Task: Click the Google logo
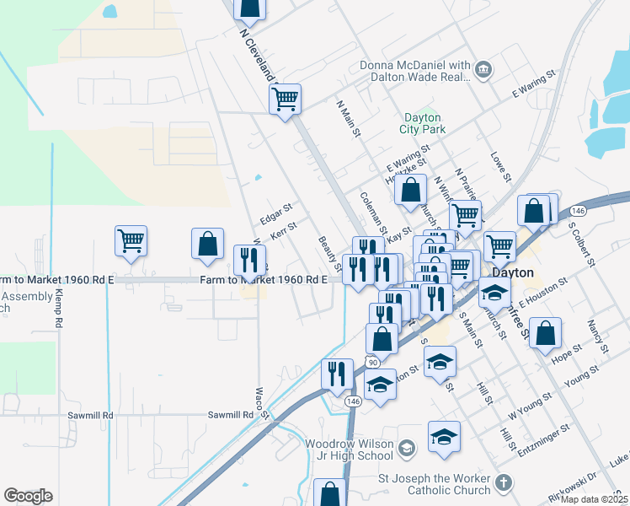point(28,496)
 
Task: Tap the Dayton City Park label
point(424,123)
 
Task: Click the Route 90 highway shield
point(372,361)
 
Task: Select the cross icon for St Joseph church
point(503,483)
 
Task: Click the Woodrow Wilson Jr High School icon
point(407,447)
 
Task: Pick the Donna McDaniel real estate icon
point(483,70)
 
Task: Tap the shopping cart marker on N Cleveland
point(286,99)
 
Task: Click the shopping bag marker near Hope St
point(546,335)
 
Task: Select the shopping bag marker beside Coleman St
point(410,191)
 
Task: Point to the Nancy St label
point(598,336)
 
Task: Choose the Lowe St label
point(501,166)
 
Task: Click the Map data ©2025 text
point(595,499)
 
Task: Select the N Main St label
point(349,120)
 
